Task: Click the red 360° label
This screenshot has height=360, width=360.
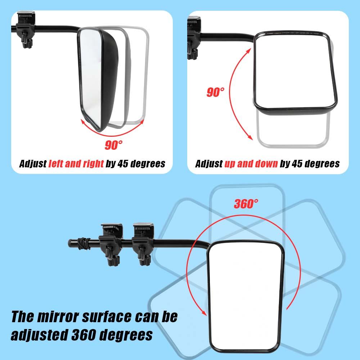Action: click(x=246, y=204)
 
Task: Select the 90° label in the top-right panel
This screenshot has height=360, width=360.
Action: click(x=215, y=92)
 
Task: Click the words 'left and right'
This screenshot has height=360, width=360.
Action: click(x=76, y=164)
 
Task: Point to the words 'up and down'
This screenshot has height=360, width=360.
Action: click(x=251, y=164)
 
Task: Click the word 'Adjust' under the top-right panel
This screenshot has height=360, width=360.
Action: click(x=208, y=164)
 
